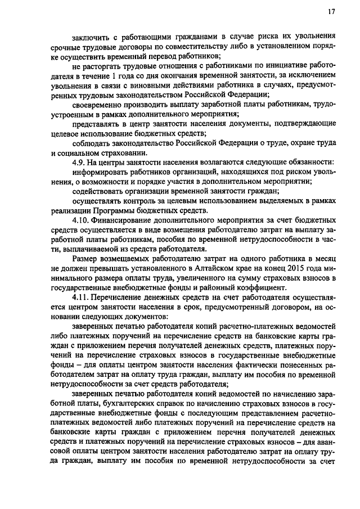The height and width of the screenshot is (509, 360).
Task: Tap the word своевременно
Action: point(101,105)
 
